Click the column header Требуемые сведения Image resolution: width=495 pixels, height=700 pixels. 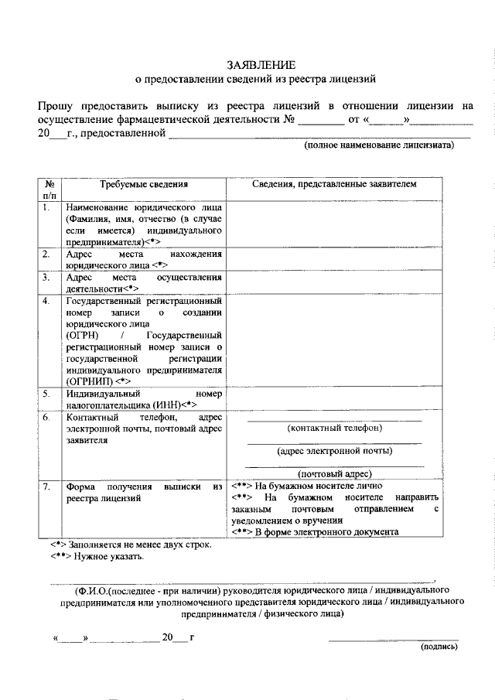pos(144,185)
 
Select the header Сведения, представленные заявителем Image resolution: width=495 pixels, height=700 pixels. pos(334,185)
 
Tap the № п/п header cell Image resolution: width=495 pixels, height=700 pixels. pos(49,190)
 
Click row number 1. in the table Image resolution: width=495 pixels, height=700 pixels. pos(47,208)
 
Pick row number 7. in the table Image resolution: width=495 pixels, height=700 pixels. pos(47,487)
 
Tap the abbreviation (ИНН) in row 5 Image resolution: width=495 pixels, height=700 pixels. pos(169,405)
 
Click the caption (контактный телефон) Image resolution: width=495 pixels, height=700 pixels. pos(334,428)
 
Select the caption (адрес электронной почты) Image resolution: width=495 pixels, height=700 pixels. pos(334,451)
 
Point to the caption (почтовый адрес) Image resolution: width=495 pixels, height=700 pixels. pos(334,474)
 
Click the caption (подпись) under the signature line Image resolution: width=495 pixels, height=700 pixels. pos(438,647)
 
